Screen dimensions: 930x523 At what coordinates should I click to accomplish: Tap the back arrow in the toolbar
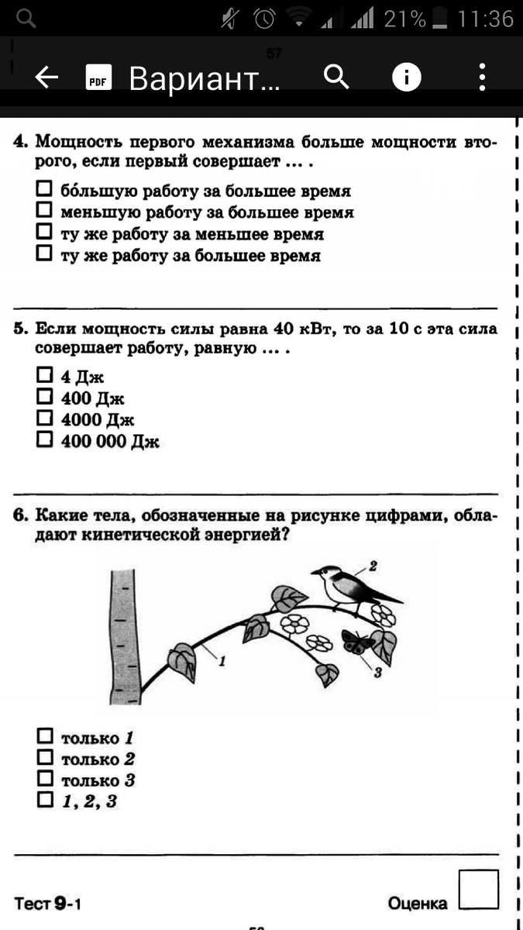click(47, 77)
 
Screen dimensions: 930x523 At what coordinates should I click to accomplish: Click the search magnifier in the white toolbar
click(336, 77)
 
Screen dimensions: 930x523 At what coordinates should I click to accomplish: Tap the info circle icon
click(407, 77)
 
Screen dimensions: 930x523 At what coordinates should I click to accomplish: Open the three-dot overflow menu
click(482, 77)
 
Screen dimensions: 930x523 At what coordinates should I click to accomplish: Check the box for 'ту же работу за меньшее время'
click(45, 232)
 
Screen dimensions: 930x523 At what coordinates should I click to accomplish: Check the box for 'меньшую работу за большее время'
click(45, 210)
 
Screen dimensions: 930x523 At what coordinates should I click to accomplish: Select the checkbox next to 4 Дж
click(45, 376)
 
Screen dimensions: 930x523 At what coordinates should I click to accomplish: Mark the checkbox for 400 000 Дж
click(45, 440)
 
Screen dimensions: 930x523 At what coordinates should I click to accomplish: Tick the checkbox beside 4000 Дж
click(45, 418)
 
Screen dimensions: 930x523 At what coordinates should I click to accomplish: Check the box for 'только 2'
click(45, 757)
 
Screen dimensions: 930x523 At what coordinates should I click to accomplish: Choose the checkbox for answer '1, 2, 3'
click(45, 800)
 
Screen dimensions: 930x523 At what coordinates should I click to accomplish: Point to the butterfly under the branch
click(356, 641)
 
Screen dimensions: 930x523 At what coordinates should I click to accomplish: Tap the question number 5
click(19, 330)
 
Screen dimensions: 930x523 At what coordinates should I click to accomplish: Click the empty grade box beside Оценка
click(478, 889)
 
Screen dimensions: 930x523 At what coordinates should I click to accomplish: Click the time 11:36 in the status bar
click(485, 19)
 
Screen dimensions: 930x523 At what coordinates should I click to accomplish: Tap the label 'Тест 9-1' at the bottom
click(48, 904)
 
